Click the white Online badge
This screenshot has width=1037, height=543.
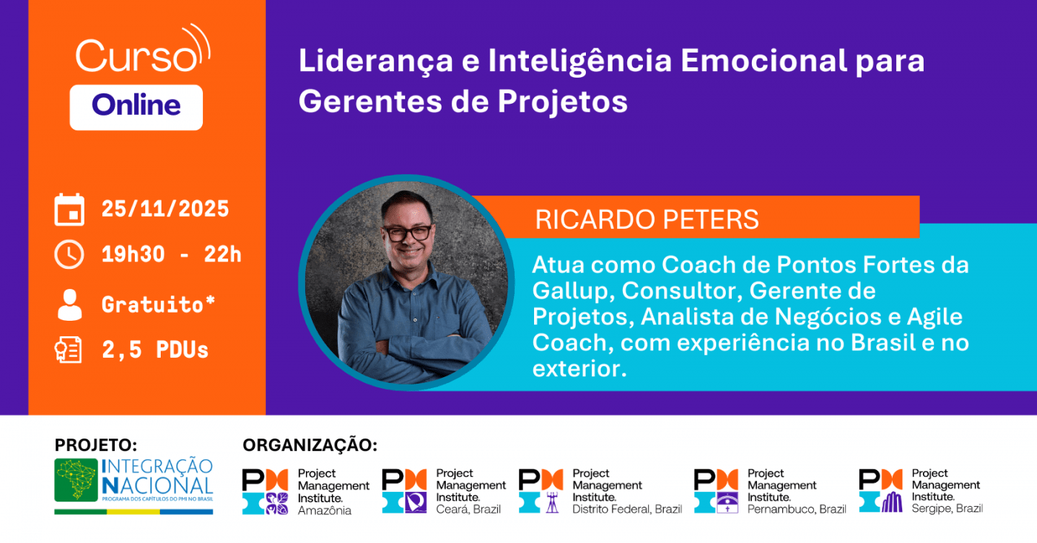(136, 107)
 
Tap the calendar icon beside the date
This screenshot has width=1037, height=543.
(69, 210)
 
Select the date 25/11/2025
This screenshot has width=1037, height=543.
(165, 209)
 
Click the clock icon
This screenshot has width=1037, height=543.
(69, 255)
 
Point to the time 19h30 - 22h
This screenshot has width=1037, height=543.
(171, 255)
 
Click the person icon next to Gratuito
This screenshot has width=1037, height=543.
(69, 304)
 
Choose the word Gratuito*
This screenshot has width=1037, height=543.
(158, 304)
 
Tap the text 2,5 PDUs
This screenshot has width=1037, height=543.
(155, 350)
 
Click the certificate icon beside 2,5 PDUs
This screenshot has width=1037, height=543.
(69, 350)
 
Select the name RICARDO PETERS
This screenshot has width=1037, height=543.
(647, 219)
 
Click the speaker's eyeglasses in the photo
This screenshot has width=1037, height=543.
(407, 232)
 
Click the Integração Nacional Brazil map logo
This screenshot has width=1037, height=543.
(77, 480)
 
